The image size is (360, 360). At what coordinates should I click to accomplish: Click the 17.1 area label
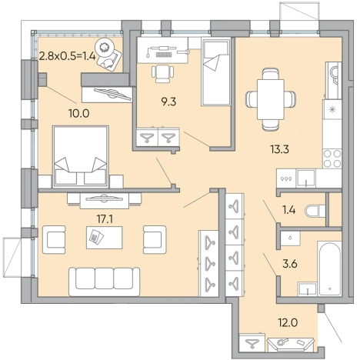pyautogui.click(x=105, y=219)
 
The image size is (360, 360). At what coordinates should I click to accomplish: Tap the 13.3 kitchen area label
pyautogui.click(x=279, y=149)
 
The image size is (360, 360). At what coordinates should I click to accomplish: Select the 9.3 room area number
pyautogui.click(x=168, y=102)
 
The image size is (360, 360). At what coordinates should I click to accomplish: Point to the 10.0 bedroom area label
pyautogui.click(x=78, y=113)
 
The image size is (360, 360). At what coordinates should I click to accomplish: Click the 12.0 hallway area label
pyautogui.click(x=288, y=322)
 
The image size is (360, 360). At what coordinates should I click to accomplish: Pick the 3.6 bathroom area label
pyautogui.click(x=290, y=264)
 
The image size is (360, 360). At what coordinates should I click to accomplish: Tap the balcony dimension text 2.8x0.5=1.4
pyautogui.click(x=67, y=55)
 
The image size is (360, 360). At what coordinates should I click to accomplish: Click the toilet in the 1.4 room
pyautogui.click(x=315, y=211)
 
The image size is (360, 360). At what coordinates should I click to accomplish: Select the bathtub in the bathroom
pyautogui.click(x=329, y=268)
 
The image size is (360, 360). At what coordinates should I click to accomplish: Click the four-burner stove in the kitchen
pyautogui.click(x=332, y=158)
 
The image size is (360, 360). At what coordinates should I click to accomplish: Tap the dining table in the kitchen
pyautogui.click(x=271, y=99)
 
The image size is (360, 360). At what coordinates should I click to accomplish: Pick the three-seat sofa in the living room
pyautogui.click(x=105, y=282)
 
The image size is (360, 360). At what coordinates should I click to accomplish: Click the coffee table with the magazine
pyautogui.click(x=104, y=238)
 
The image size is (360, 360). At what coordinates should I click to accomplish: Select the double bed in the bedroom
pyautogui.click(x=81, y=157)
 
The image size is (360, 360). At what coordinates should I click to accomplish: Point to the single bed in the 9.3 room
pyautogui.click(x=216, y=72)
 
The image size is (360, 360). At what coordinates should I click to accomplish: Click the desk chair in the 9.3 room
pyautogui.click(x=162, y=74)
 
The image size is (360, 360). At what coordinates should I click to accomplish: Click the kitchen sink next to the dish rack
pyautogui.click(x=306, y=178)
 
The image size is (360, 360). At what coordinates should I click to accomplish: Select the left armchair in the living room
pyautogui.click(x=54, y=240)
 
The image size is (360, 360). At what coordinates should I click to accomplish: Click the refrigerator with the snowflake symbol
pyautogui.click(x=332, y=110)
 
